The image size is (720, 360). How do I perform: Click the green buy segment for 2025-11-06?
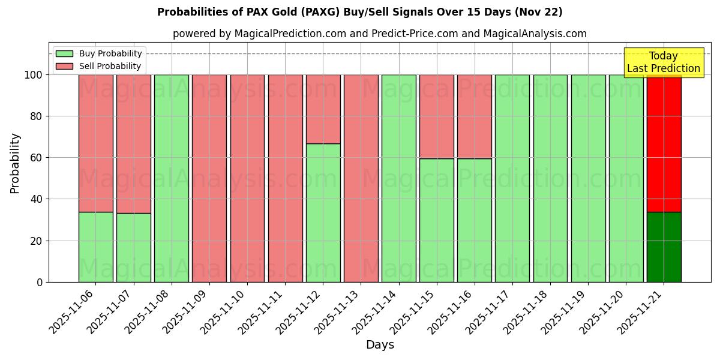[x=95, y=247]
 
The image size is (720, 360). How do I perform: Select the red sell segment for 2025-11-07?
[x=133, y=144]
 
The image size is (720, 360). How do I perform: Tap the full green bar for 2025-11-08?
[x=171, y=178]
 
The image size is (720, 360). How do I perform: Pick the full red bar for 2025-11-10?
[x=247, y=178]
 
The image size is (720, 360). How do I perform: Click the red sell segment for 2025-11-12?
[x=323, y=109]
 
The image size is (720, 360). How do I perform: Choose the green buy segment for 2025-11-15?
[x=436, y=220]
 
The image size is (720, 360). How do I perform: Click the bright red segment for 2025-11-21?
[x=664, y=144]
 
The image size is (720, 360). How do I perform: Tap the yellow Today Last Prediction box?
[x=664, y=62]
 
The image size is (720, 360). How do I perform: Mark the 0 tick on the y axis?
[x=40, y=282]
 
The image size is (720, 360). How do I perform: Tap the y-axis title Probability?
[x=15, y=163]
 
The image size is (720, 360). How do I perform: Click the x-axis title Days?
[x=380, y=345]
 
